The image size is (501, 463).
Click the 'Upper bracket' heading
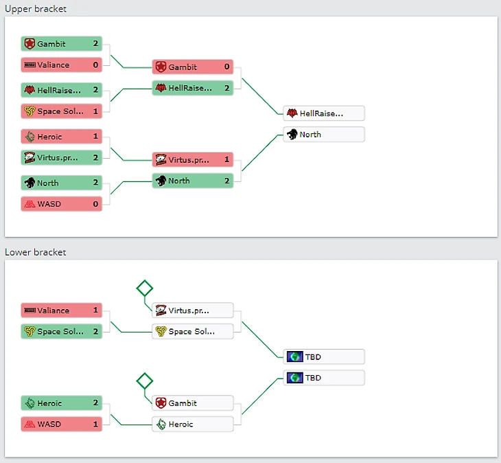(x=36, y=8)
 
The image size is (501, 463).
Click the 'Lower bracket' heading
(x=36, y=252)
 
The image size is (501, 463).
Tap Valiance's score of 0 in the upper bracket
(x=96, y=65)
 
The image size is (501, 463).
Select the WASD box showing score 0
(x=61, y=204)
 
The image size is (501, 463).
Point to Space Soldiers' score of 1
(x=96, y=111)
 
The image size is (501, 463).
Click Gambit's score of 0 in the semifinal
(x=226, y=67)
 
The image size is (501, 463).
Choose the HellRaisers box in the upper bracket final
(x=323, y=113)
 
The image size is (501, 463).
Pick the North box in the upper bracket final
(x=323, y=135)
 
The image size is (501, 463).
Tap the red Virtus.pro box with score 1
(x=192, y=160)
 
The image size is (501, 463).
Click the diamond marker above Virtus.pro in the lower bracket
(x=144, y=288)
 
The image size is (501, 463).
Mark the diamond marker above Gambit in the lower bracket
(x=144, y=380)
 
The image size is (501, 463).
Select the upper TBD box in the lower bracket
(x=323, y=357)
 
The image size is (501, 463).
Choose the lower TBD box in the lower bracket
(x=323, y=378)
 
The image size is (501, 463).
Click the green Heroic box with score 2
(x=61, y=403)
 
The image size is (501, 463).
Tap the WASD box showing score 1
(x=61, y=425)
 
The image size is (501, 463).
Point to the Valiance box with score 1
(x=61, y=310)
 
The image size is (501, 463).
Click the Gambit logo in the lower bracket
(x=161, y=403)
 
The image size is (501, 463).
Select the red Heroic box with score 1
(x=61, y=137)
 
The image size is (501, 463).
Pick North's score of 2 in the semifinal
(x=226, y=181)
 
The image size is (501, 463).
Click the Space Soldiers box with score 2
(x=61, y=332)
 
